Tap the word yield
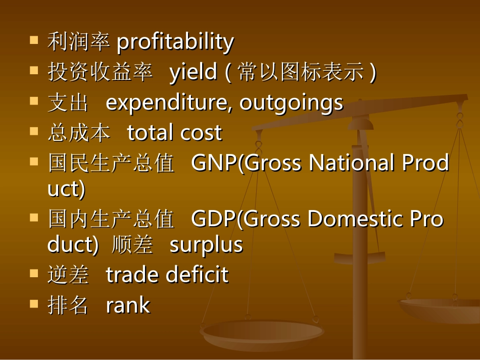(x=193, y=73)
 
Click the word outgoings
(x=291, y=103)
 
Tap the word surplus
(x=206, y=245)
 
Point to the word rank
(x=128, y=306)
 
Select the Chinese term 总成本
(x=78, y=133)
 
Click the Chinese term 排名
(x=68, y=306)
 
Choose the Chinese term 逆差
(x=68, y=276)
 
